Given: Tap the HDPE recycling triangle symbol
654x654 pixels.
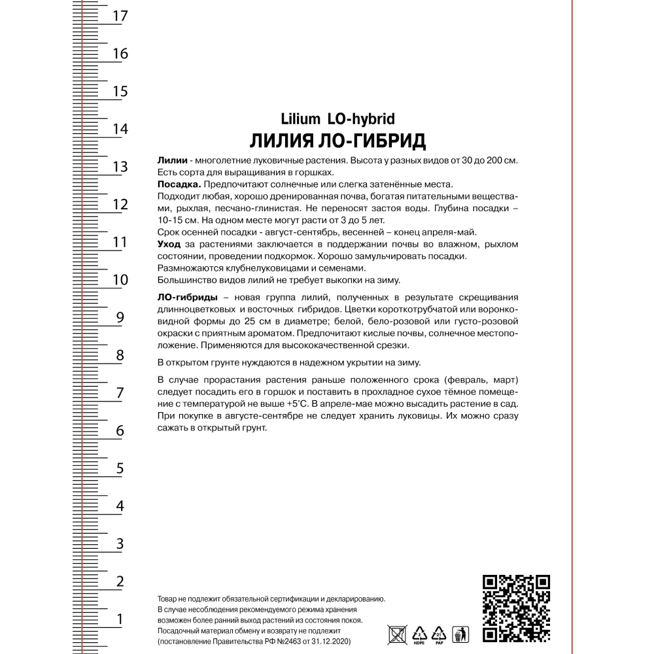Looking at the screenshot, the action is [x=418, y=633].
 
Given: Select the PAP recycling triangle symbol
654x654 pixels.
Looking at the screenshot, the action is [x=439, y=633].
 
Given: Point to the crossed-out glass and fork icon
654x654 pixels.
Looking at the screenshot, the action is [x=396, y=633].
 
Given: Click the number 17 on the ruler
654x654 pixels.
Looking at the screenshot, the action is [x=120, y=16].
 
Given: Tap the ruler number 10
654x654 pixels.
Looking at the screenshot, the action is [x=120, y=280].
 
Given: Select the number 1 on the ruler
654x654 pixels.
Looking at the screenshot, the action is [x=120, y=619].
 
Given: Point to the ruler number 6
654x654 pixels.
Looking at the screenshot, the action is [x=120, y=431].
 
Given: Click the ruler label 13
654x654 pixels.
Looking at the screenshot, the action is [x=120, y=167].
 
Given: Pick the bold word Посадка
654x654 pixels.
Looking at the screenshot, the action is [x=175, y=185].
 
